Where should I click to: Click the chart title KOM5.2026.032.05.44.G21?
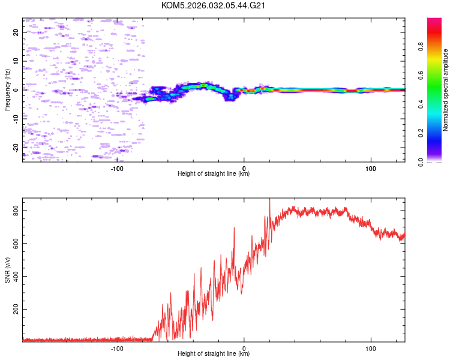tap(214, 5)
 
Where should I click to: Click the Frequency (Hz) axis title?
tap(7, 90)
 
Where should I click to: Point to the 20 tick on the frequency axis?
tap(16, 33)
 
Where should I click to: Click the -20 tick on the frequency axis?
tap(16, 147)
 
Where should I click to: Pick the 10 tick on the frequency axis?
tap(16, 61)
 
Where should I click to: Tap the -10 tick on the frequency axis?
tap(16, 118)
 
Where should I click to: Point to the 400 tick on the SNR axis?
tap(16, 277)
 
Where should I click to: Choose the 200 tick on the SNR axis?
tap(16, 309)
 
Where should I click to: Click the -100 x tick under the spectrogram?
tap(117, 168)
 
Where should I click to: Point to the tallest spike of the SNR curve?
tap(269, 200)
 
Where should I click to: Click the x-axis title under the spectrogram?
tap(214, 174)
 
